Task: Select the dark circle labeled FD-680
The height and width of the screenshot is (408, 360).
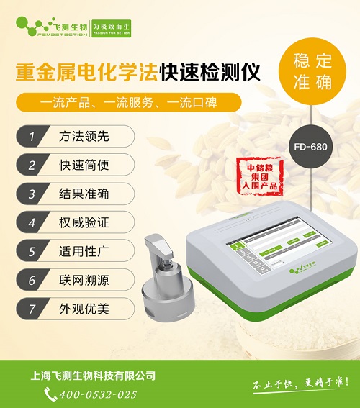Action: tap(313, 143)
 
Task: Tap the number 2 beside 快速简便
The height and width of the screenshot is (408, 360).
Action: tap(32, 164)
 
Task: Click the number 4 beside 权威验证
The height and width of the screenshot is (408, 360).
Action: tap(32, 223)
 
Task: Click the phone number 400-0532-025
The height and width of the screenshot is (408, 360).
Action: tap(96, 394)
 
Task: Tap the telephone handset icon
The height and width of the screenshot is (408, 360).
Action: tap(50, 394)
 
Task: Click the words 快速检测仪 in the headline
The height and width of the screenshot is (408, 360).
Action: tap(210, 72)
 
